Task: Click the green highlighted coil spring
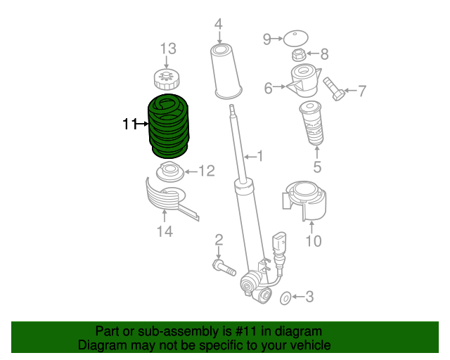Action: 169,125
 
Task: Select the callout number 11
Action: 129,124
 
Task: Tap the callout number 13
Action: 167,49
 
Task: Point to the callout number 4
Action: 219,25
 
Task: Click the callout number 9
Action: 267,39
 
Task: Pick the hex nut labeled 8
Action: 298,54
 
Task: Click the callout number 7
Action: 362,90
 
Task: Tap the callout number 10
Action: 313,241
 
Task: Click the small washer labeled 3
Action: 286,298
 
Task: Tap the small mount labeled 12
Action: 169,171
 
